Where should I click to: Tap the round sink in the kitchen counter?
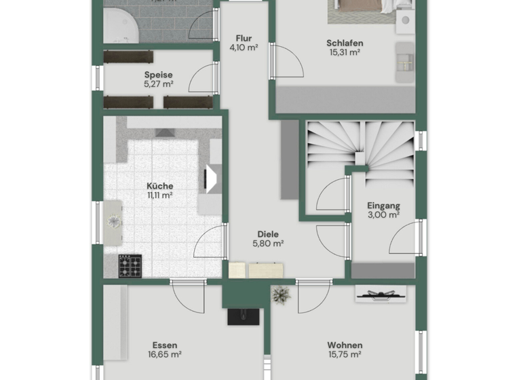(113, 219)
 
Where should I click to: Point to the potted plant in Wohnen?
(280, 294)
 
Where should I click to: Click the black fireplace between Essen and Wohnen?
(242, 316)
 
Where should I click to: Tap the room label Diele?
(267, 234)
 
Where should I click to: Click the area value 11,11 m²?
(159, 195)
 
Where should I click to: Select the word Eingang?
(383, 206)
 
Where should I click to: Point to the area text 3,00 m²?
(383, 215)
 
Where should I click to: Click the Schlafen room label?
(344, 43)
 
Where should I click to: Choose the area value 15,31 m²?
(344, 52)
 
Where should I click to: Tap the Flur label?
(244, 39)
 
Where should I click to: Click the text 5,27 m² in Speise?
(158, 85)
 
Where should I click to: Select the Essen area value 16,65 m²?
(166, 354)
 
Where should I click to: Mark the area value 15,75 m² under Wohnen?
(344, 354)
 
